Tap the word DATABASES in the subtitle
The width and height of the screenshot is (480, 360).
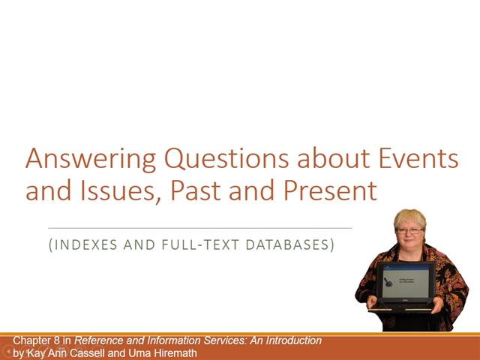tap(288, 244)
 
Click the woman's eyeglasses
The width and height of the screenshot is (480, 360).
tap(409, 231)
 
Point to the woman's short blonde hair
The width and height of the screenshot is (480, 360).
tap(409, 217)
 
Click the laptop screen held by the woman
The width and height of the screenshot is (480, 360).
tap(406, 282)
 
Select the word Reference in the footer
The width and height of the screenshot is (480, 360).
tap(101, 341)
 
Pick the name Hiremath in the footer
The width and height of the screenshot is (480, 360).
tap(173, 352)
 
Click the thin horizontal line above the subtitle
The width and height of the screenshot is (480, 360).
tap(199, 227)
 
